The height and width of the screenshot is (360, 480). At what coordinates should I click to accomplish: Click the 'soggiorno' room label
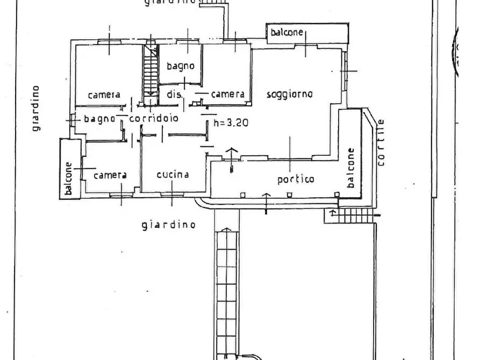(290, 94)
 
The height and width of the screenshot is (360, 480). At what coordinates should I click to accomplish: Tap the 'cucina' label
(173, 175)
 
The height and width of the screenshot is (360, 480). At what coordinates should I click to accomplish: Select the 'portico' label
(296, 179)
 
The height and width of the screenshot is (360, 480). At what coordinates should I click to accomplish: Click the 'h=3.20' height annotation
(231, 122)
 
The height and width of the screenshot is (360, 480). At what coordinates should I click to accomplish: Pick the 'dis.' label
(174, 95)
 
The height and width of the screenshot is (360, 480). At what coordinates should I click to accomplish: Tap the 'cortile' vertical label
(381, 141)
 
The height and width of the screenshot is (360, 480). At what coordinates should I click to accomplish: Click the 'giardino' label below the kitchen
(168, 225)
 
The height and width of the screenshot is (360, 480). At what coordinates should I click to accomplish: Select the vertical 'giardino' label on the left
(35, 108)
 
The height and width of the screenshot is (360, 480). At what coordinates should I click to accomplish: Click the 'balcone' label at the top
(286, 33)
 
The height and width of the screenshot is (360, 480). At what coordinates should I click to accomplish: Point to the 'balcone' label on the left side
(69, 179)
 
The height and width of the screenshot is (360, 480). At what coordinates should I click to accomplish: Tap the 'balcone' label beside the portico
(351, 168)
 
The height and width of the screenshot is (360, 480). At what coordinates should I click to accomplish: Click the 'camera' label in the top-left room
(104, 95)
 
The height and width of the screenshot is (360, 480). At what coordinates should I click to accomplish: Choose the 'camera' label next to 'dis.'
(228, 94)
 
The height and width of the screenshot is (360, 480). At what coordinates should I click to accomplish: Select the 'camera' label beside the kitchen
(110, 175)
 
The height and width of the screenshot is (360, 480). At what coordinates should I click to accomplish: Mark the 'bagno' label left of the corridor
(99, 119)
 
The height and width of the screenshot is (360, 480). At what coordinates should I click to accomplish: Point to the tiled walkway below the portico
(226, 290)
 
